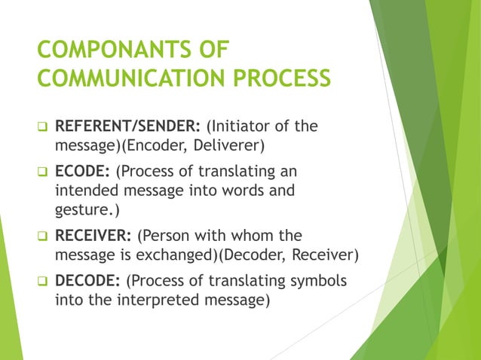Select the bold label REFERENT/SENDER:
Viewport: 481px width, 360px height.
124,126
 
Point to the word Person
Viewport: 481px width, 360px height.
167,234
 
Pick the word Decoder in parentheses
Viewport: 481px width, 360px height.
255,254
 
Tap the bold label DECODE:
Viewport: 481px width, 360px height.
86,281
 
